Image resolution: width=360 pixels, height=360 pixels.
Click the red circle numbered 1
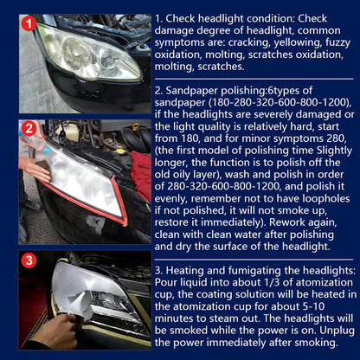(x=29, y=25)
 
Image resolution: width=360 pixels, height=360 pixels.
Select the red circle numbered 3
(x=29, y=260)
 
